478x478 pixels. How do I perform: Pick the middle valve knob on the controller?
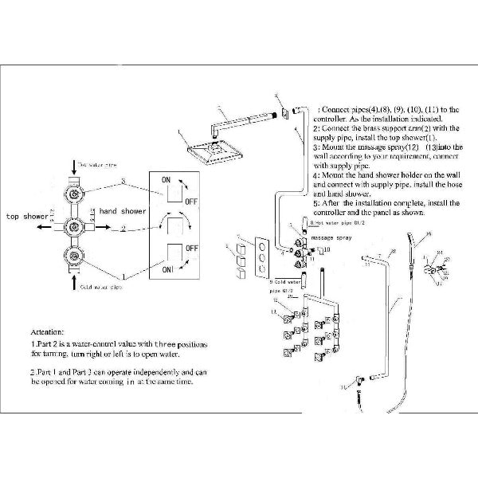(x=75, y=225)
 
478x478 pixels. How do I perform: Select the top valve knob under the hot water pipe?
(x=75, y=192)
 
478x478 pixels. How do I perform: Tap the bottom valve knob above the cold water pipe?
(x=75, y=257)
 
